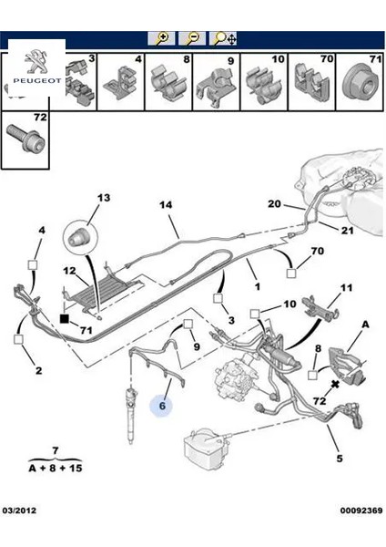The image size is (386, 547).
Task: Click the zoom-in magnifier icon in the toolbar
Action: (161, 38)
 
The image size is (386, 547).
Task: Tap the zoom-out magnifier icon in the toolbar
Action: (192, 38)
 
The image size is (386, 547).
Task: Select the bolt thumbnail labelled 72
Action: (25, 140)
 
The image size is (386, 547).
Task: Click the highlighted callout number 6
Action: (162, 408)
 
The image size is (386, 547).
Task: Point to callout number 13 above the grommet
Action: (102, 198)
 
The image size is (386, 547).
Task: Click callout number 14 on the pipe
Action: (166, 205)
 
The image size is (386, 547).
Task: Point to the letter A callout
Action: (366, 324)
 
